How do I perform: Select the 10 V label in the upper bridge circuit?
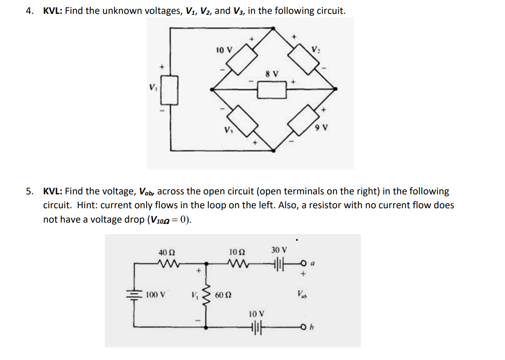[x=224, y=49]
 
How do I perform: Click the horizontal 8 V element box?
[x=272, y=89]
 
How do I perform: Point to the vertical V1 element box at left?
[x=172, y=90]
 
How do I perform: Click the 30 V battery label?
[x=279, y=249]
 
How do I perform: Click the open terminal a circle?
[x=303, y=263]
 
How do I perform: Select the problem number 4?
[x=29, y=11]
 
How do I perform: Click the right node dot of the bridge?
[x=335, y=89]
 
